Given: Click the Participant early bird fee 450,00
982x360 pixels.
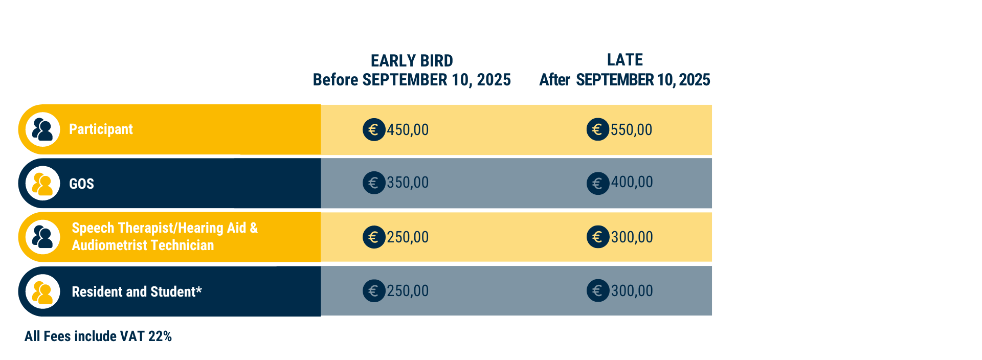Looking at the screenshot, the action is click(408, 130).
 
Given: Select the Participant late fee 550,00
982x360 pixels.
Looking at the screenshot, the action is click(631, 130).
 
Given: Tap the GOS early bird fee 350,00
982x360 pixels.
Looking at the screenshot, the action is click(408, 183).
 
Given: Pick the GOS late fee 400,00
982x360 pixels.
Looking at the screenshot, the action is click(632, 182).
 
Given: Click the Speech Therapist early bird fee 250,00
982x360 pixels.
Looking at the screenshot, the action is click(408, 237).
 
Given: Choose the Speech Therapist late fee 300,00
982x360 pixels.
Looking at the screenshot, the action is click(632, 237).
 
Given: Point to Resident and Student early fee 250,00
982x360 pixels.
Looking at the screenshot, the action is click(408, 291).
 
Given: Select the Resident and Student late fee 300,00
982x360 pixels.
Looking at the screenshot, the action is click(632, 291).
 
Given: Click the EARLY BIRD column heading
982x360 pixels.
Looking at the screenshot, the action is click(412, 61).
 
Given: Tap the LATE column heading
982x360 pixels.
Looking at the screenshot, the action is click(624, 60).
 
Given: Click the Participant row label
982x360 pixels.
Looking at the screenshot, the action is click(101, 129).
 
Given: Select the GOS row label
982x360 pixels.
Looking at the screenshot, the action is click(81, 184).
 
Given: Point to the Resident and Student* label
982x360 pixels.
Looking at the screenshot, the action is click(137, 291).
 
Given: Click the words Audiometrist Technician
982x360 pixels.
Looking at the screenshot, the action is click(143, 245).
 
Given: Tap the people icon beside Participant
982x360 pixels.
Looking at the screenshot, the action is click(42, 129).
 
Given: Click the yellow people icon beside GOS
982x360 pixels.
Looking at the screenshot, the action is click(42, 184).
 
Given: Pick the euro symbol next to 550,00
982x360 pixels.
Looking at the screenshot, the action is click(597, 129).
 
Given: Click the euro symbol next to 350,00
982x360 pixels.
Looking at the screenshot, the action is click(374, 183).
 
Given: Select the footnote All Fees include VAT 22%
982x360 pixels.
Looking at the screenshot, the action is click(98, 336).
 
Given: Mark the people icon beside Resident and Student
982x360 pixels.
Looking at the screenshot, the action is click(42, 291).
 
